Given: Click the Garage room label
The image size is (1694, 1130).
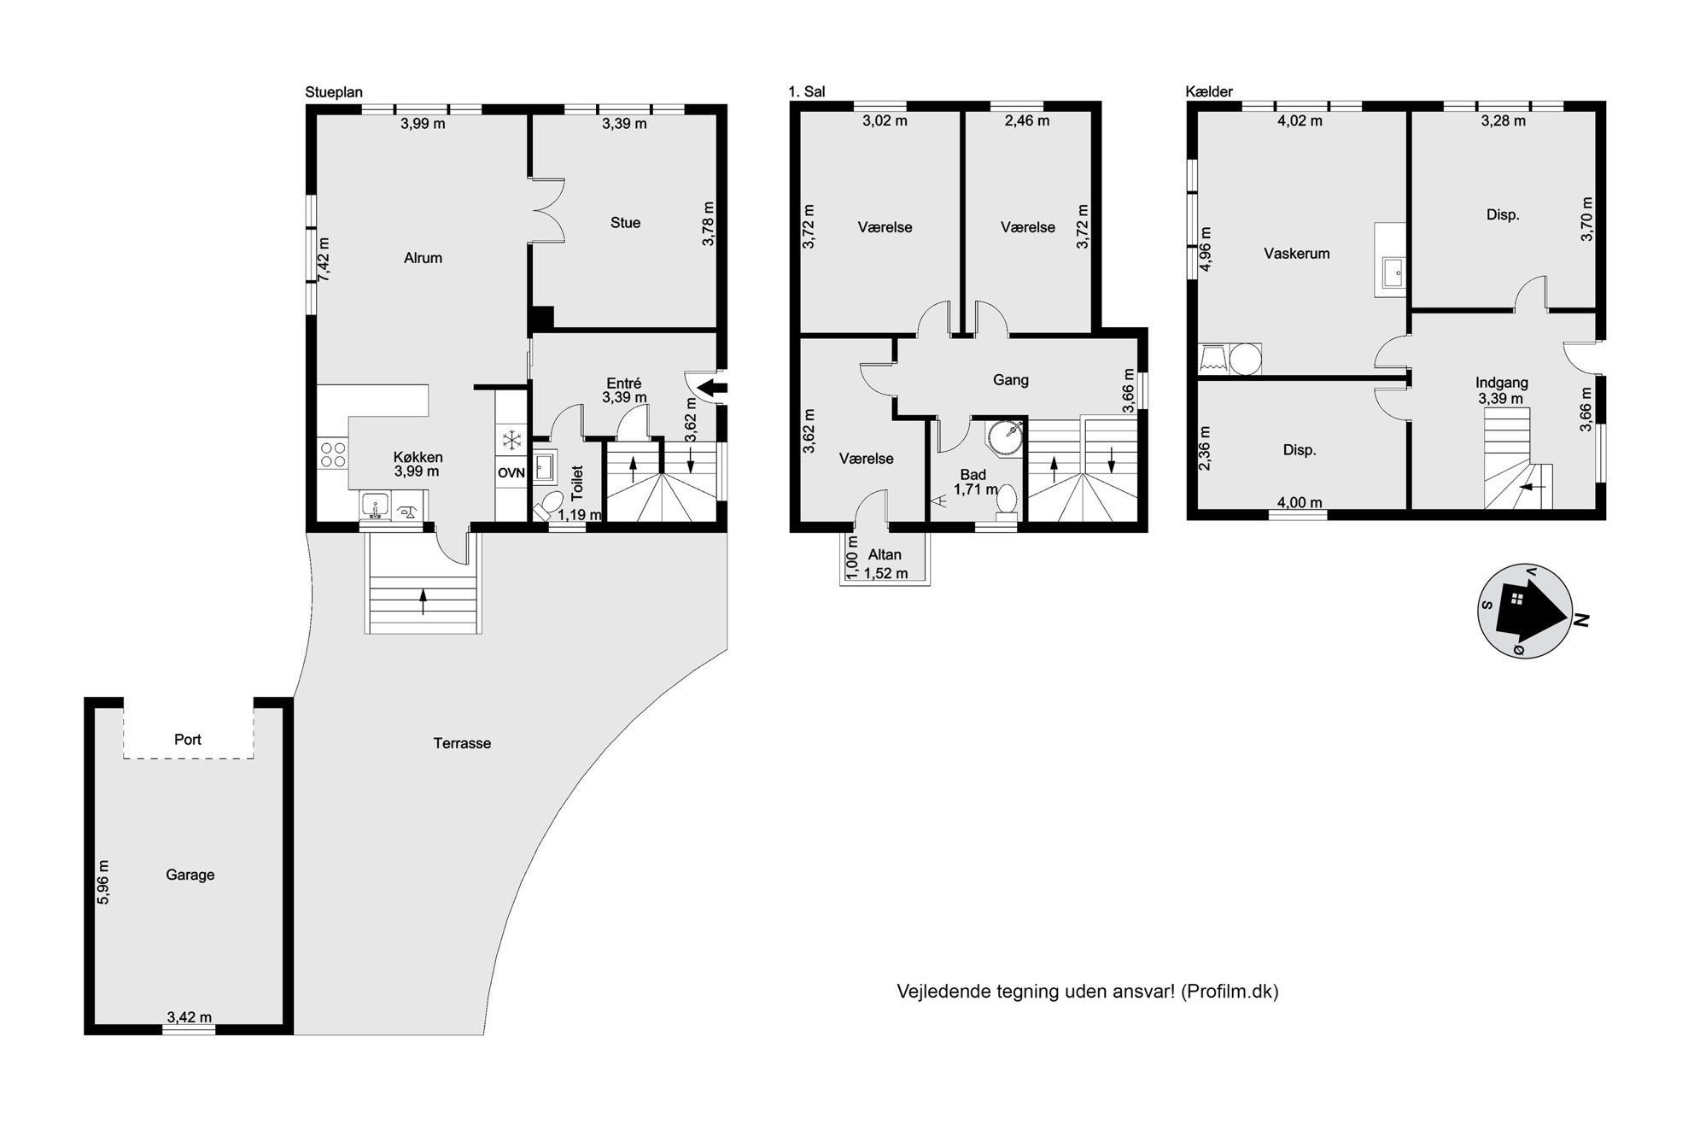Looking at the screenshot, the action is pyautogui.click(x=190, y=875).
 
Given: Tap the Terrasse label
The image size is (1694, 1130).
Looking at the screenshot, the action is pyautogui.click(x=462, y=743).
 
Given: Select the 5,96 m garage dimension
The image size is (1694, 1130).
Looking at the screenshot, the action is pyautogui.click(x=103, y=881).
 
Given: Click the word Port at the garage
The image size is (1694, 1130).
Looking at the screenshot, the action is pyautogui.click(x=188, y=740).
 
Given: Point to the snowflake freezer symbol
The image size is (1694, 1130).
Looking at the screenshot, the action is pyautogui.click(x=511, y=441).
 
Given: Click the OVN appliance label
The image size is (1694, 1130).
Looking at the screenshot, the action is pyautogui.click(x=511, y=473).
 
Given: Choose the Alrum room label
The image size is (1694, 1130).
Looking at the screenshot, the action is pyautogui.click(x=423, y=258).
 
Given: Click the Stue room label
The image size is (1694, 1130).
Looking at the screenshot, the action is pyautogui.click(x=625, y=223).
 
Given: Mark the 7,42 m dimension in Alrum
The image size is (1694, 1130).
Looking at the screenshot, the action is pyautogui.click(x=324, y=260).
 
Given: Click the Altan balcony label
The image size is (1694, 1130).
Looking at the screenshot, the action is pyautogui.click(x=885, y=555).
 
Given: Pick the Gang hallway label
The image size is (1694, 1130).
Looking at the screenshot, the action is pyautogui.click(x=1011, y=380).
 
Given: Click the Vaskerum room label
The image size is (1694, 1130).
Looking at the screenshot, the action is pyautogui.click(x=1296, y=254).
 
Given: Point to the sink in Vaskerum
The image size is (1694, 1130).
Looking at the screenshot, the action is pyautogui.click(x=1390, y=272).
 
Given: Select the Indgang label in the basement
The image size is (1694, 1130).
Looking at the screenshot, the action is pyautogui.click(x=1501, y=383).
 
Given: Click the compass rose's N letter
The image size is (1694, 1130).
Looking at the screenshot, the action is pyautogui.click(x=1580, y=621).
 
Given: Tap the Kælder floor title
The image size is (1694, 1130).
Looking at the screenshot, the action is pyautogui.click(x=1209, y=91).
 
